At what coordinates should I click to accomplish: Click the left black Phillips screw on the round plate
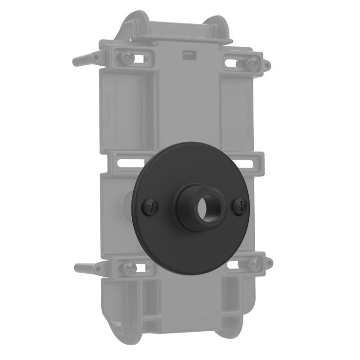tap(152, 207)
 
